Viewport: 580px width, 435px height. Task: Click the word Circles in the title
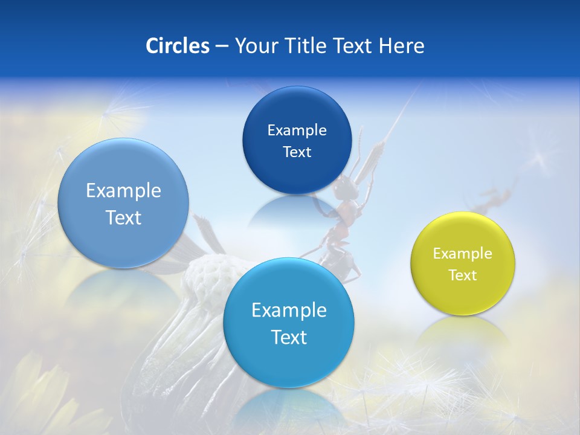(177, 46)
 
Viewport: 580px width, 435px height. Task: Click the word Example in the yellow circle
(463, 254)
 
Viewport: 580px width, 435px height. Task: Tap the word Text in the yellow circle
(463, 275)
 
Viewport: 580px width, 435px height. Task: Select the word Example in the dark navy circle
(297, 130)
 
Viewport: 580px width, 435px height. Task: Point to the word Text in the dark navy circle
(297, 152)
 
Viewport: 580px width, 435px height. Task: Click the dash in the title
(222, 46)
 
